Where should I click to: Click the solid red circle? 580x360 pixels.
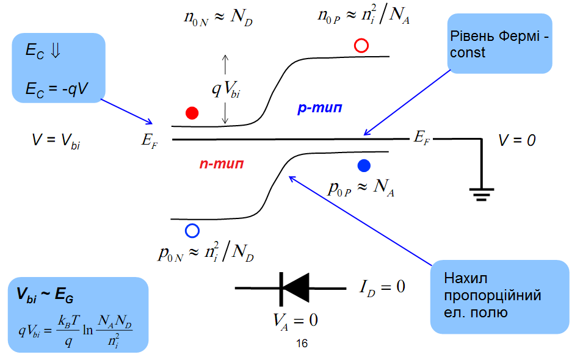point(192,113)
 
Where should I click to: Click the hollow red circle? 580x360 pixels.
point(361,46)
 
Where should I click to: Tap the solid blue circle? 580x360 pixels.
point(364,165)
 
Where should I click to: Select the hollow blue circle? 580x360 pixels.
point(192,230)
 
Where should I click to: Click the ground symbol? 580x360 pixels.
point(482,195)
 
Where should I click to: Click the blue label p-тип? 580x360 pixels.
point(319,109)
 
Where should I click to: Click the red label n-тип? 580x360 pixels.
point(222,164)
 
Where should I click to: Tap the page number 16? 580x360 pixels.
point(302,344)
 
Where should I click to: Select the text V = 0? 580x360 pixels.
point(517,140)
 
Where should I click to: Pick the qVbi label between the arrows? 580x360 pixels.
point(226,89)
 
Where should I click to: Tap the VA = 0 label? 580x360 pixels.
point(295,319)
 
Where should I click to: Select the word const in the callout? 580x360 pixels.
point(468,53)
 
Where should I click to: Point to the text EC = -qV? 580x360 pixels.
point(57,88)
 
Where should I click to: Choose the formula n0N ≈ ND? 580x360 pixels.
point(218,17)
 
